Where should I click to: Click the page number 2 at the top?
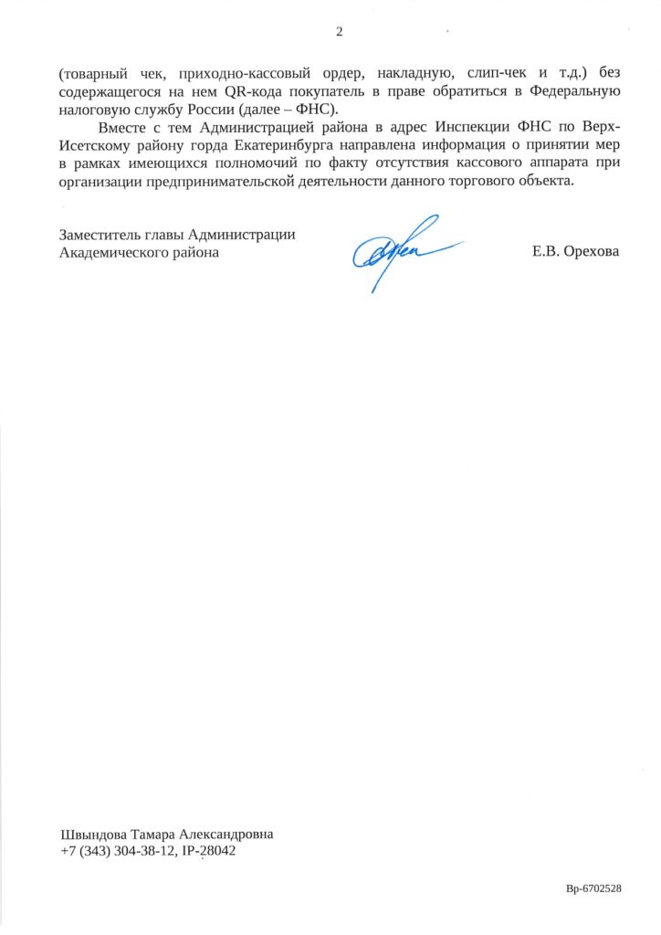click(x=339, y=33)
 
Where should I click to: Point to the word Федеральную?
click(x=572, y=91)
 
